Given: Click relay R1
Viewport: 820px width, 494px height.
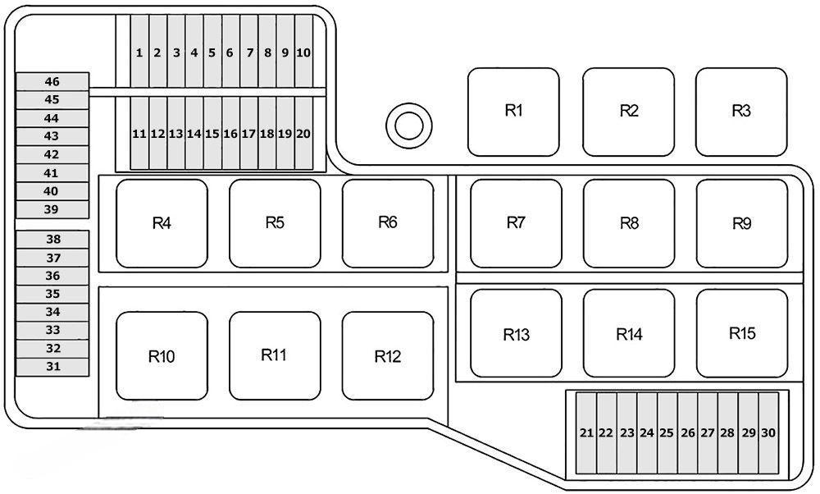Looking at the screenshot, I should click(x=513, y=111).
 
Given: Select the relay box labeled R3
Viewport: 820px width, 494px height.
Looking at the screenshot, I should click(x=741, y=111).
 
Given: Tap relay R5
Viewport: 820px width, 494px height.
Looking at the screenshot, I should click(x=275, y=223).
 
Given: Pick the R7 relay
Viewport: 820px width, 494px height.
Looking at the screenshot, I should click(x=516, y=223).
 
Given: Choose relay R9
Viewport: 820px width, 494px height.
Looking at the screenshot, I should click(x=741, y=223).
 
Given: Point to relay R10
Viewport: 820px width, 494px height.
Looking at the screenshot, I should click(x=162, y=356).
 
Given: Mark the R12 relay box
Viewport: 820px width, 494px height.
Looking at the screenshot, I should click(x=387, y=356).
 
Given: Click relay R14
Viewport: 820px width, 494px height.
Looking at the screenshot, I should click(x=629, y=334).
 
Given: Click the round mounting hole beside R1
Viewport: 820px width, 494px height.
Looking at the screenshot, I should click(x=408, y=126).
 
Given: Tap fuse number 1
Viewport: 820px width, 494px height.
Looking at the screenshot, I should click(x=139, y=53).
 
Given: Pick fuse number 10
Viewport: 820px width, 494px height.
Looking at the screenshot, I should click(x=303, y=53).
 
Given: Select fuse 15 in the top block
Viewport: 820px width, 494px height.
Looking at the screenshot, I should click(x=212, y=133).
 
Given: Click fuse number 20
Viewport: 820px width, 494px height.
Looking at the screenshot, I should click(x=303, y=133).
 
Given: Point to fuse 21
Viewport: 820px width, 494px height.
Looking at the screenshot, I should click(x=586, y=433).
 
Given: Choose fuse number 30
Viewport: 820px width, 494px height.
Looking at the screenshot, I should click(x=768, y=433).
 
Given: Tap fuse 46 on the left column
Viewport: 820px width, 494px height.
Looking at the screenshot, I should click(x=52, y=81).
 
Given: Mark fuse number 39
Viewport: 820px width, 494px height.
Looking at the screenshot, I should click(x=52, y=209).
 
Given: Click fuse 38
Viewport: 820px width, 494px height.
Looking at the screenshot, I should click(x=52, y=240).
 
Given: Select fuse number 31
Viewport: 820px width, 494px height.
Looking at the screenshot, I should click(x=52, y=367).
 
